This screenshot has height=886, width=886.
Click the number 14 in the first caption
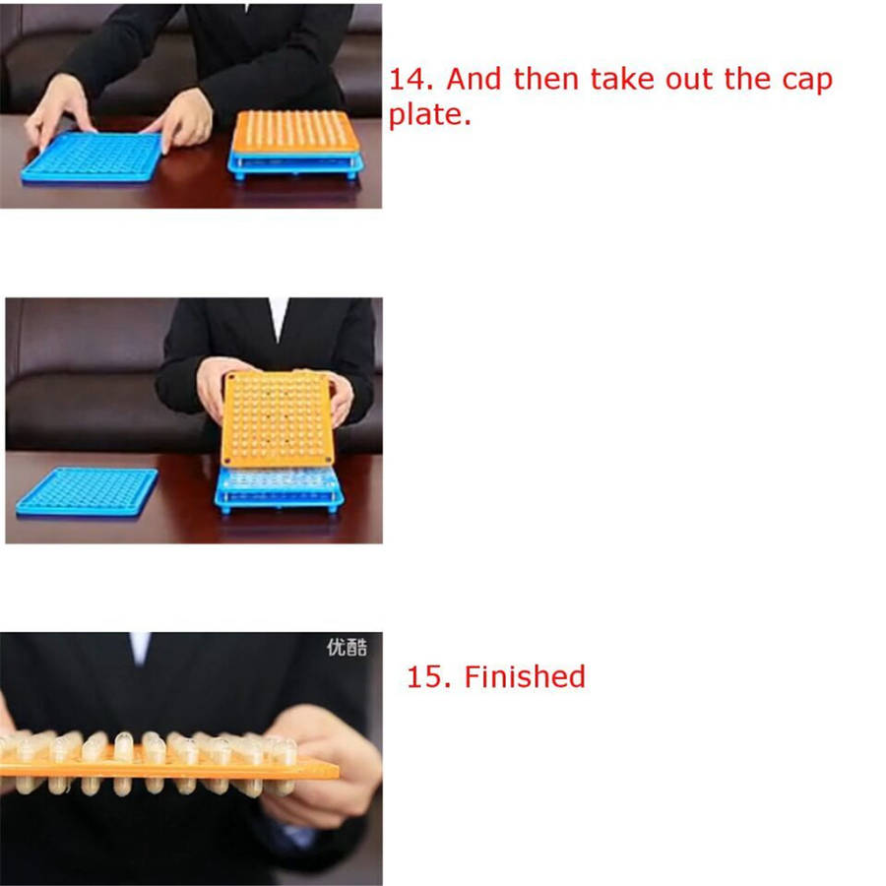pyautogui.click(x=411, y=79)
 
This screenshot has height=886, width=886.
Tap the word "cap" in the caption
pyautogui.click(x=807, y=82)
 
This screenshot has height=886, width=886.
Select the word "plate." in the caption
pyautogui.click(x=430, y=115)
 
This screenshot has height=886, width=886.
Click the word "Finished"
pyautogui.click(x=525, y=676)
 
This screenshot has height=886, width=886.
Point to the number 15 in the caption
pyautogui.click(x=429, y=677)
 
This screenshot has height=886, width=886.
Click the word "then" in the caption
pyautogui.click(x=545, y=79)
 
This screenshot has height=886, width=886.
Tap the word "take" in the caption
pyautogui.click(x=622, y=79)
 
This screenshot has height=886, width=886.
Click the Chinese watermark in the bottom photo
pyautogui.click(x=347, y=647)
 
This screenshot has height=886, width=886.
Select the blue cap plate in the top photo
pyautogui.click(x=92, y=158)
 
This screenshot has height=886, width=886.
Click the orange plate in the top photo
pyautogui.click(x=296, y=132)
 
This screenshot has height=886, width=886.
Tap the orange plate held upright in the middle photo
pyautogui.click(x=277, y=418)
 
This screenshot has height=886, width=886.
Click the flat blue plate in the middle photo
pyautogui.click(x=87, y=491)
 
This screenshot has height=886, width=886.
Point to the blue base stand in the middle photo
pyautogui.click(x=280, y=490)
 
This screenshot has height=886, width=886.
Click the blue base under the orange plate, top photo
pyautogui.click(x=295, y=166)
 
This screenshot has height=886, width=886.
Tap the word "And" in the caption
pyautogui.click(x=474, y=79)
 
